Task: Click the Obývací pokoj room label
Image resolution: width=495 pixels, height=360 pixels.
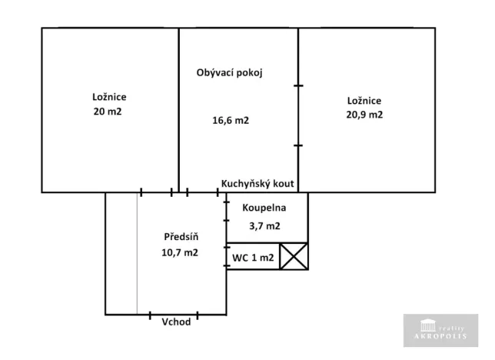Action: (x=230, y=73)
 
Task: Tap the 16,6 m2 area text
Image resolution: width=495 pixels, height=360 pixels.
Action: (x=231, y=120)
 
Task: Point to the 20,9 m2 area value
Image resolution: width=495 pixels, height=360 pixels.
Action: (x=364, y=114)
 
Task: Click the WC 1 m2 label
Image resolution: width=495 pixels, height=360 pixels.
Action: (x=253, y=258)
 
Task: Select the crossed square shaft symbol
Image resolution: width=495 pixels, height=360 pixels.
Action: (x=293, y=256)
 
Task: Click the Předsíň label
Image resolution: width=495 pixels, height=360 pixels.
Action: (x=181, y=236)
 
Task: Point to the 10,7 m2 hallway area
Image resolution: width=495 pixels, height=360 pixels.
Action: (x=181, y=252)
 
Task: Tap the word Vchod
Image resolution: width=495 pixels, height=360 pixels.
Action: (x=176, y=322)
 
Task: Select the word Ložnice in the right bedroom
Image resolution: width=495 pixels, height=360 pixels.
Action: (x=364, y=101)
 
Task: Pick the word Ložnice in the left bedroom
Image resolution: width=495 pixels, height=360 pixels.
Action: (x=108, y=98)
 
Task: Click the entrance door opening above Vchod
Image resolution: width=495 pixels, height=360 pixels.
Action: (x=173, y=314)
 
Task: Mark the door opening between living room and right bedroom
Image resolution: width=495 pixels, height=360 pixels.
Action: (x=298, y=115)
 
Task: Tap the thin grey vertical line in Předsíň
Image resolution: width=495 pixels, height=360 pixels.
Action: (x=138, y=254)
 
